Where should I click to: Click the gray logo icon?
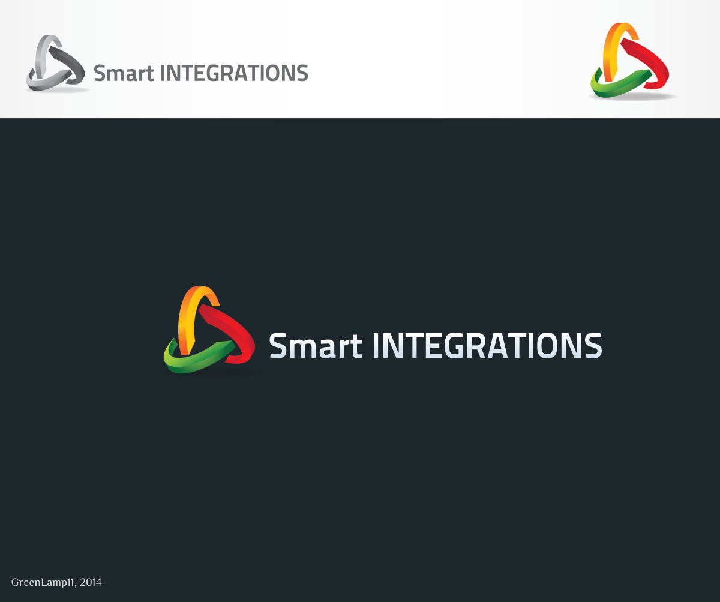pos(55,62)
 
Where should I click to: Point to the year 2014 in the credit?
pos(91,582)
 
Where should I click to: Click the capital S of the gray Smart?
pos(100,73)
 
